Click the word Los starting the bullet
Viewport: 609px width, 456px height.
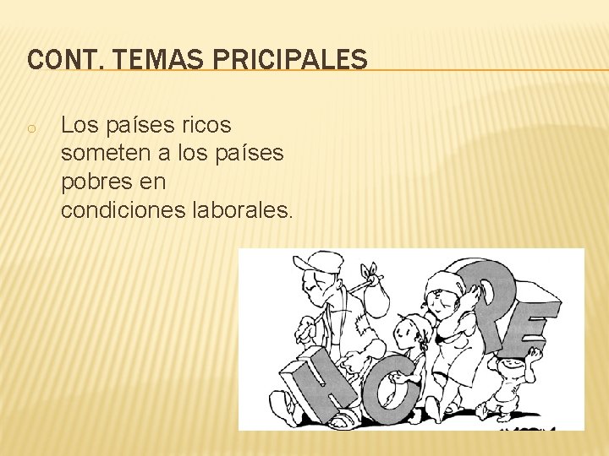pyautogui.click(x=80, y=127)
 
